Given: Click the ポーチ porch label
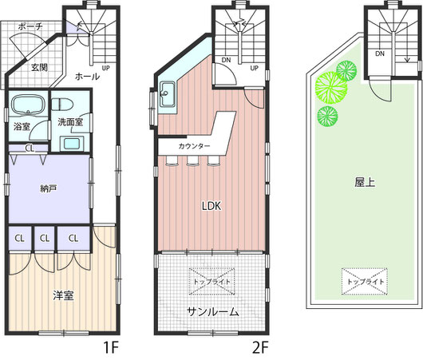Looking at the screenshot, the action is coord(30,26).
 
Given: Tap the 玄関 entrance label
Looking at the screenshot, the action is coord(39,67).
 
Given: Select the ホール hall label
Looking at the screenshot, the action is coord(87,77).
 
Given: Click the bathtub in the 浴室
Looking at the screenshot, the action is coord(27,105).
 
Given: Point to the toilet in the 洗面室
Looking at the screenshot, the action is coord(62,104).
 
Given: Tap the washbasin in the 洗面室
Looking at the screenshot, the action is coord(72,144).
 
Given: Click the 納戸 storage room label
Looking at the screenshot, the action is coord(49,188).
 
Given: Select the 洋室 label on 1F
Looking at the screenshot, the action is coord(63,295).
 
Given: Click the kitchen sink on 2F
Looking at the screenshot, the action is coord(168,94).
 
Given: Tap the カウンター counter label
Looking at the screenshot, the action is coord(194,146).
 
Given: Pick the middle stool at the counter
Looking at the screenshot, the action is coord(192,160).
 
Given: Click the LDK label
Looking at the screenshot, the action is coord(211,206).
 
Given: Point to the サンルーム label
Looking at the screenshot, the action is coord(213,312).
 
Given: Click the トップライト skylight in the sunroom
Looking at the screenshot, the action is coord(211,282).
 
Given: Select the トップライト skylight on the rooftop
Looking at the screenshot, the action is coord(365,282).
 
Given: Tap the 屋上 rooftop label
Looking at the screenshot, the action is coord(365,183).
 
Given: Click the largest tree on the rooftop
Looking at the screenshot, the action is coord(331,88).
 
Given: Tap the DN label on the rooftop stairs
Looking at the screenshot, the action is coord(380,53).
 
